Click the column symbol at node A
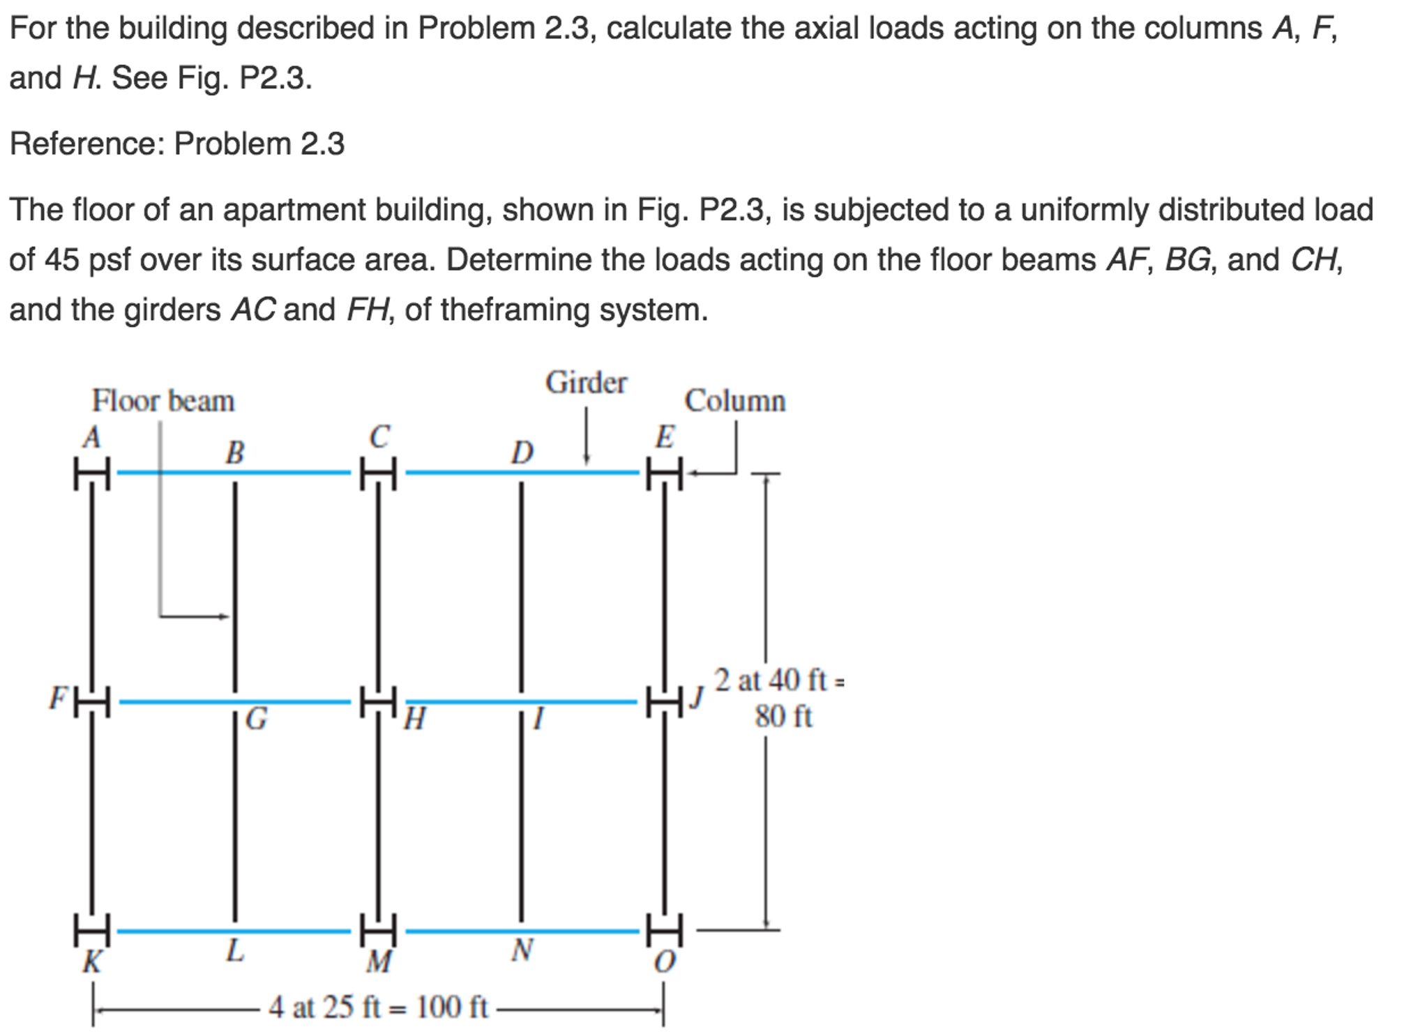[92, 473]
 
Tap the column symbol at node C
[378, 473]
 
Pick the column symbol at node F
[92, 701]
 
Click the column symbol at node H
[378, 701]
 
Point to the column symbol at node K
[92, 930]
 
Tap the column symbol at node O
[664, 930]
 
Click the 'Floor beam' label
[163, 401]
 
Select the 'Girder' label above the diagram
[586, 383]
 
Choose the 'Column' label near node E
[734, 401]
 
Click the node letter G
[257, 718]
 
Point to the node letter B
[235, 453]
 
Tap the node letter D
[522, 453]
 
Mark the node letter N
[522, 950]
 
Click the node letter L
[235, 950]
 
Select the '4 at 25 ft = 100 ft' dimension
[377, 1007]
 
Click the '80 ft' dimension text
[783, 717]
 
